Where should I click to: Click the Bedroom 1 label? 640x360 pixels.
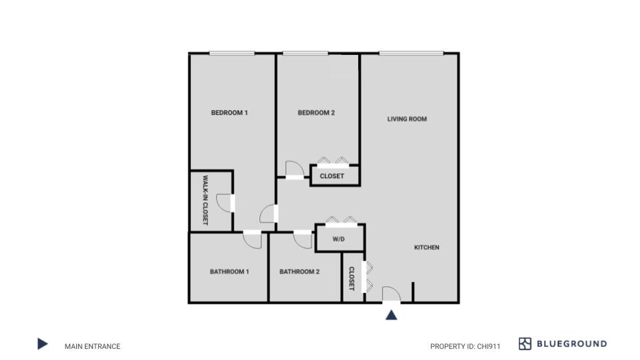pyautogui.click(x=229, y=112)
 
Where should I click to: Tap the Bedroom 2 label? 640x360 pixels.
pyautogui.click(x=316, y=112)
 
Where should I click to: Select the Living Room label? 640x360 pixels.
pyautogui.click(x=407, y=119)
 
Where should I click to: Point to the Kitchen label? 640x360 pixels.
pyautogui.click(x=427, y=247)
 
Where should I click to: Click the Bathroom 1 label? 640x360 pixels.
pyautogui.click(x=229, y=272)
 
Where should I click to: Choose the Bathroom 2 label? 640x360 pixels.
pyautogui.click(x=299, y=272)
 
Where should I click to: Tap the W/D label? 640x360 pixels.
pyautogui.click(x=339, y=239)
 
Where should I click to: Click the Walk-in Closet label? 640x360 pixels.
pyautogui.click(x=205, y=200)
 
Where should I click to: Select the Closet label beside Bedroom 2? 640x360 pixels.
pyautogui.click(x=332, y=176)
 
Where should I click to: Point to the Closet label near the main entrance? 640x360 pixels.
pyautogui.click(x=352, y=279)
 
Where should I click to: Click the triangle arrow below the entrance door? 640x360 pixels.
pyautogui.click(x=391, y=315)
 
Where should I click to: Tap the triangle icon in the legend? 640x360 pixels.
pyautogui.click(x=43, y=344)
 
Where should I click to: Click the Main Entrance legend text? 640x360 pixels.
pyautogui.click(x=92, y=346)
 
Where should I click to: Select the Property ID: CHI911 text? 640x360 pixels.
pyautogui.click(x=465, y=346)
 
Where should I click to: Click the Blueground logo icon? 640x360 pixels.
pyautogui.click(x=525, y=344)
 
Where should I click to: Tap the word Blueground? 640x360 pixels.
pyautogui.click(x=572, y=344)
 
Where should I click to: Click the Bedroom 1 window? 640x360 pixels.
pyautogui.click(x=232, y=53)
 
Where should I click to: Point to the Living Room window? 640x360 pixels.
pyautogui.click(x=411, y=53)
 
